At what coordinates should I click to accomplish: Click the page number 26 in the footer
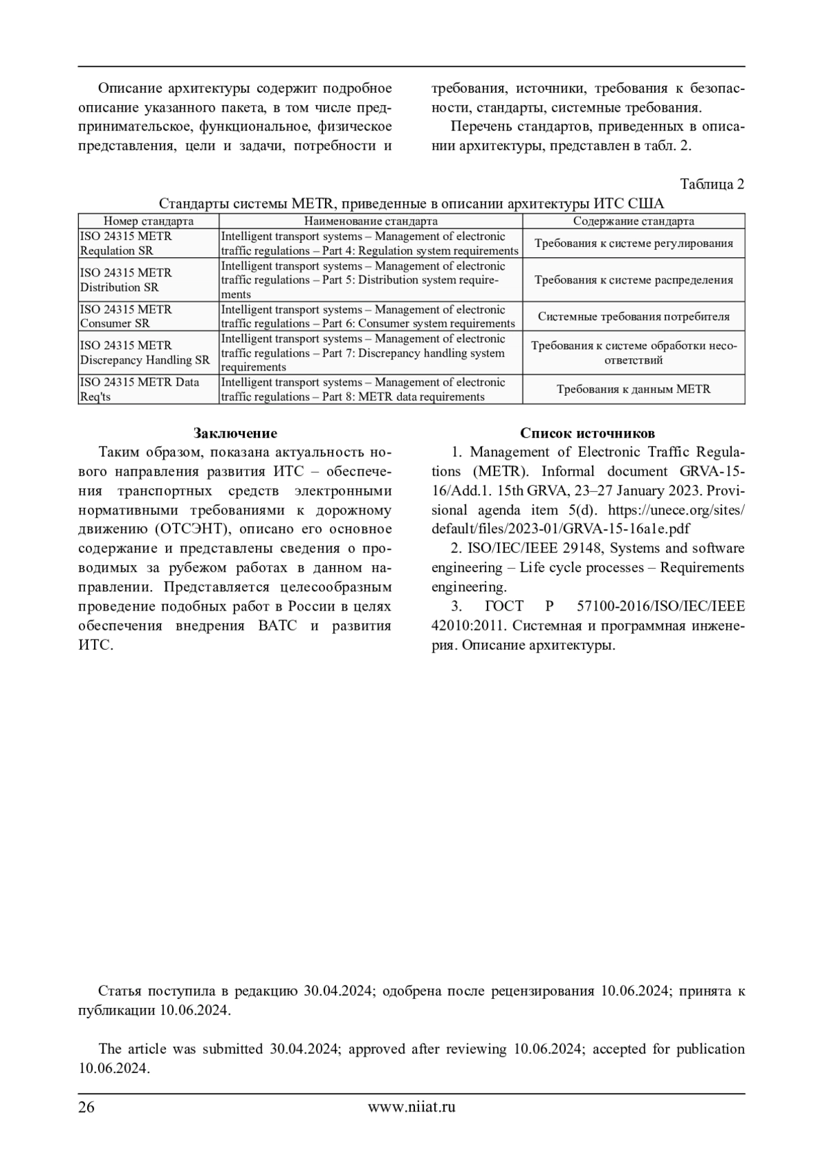(x=86, y=1106)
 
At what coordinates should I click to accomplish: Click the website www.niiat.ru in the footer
(x=411, y=1106)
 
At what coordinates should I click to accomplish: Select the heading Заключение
(x=235, y=433)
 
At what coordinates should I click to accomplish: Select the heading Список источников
(x=587, y=433)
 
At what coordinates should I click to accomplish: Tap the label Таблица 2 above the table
(x=712, y=184)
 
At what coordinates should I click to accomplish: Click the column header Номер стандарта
(x=148, y=221)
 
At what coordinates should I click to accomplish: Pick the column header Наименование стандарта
(x=370, y=221)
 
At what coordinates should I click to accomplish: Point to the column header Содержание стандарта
(x=633, y=221)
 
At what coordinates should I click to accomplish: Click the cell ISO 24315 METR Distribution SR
(x=126, y=280)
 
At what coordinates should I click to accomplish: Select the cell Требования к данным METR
(x=633, y=389)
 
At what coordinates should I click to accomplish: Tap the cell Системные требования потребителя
(x=633, y=316)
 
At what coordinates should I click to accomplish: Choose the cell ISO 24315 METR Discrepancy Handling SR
(x=145, y=353)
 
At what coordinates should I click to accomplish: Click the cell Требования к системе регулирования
(x=633, y=243)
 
